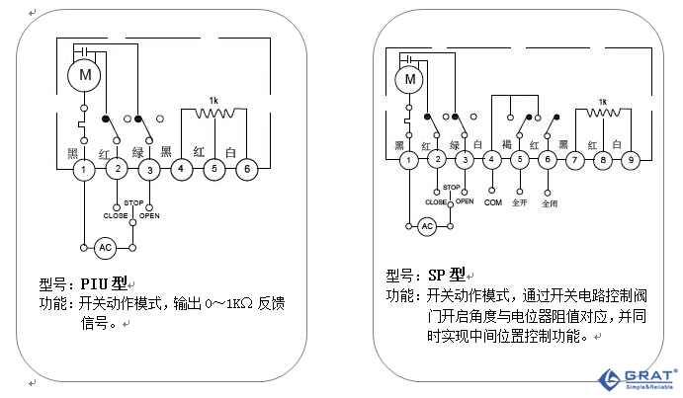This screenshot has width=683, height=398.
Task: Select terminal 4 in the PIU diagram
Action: [x=182, y=170]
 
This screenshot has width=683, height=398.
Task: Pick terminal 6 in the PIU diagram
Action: [x=247, y=170]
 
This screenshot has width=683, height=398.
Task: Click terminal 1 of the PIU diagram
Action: [x=85, y=170]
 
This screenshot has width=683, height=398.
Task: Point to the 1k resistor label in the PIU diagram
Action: [x=213, y=101]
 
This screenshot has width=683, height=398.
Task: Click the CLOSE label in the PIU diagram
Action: [x=116, y=214]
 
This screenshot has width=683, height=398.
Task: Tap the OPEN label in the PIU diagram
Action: [x=150, y=214]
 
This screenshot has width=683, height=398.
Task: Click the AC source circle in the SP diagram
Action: [x=427, y=226]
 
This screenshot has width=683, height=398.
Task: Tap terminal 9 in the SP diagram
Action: [x=633, y=159]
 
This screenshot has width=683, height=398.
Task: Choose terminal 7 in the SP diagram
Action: [x=574, y=159]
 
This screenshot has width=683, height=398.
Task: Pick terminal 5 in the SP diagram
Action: [x=520, y=159]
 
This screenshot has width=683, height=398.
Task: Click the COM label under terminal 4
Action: [x=492, y=201]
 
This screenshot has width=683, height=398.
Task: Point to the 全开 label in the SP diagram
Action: [x=520, y=201]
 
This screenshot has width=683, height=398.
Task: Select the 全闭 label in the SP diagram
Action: [x=550, y=203]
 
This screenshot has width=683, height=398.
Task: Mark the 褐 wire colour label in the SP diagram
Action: [x=506, y=144]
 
